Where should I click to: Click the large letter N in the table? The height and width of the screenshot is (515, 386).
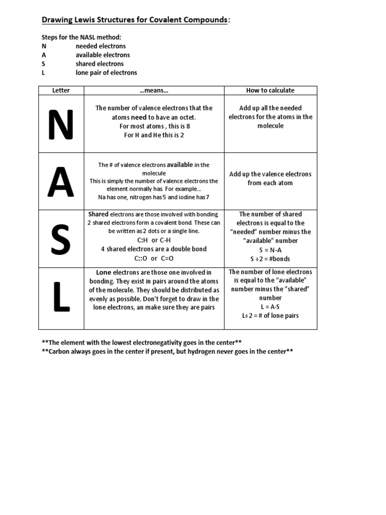click(61, 124)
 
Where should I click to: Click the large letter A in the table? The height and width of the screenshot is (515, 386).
click(61, 182)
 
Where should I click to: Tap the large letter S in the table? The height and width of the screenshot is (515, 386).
click(61, 239)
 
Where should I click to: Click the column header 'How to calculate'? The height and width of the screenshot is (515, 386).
click(270, 91)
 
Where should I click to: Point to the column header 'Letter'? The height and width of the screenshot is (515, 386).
click(61, 91)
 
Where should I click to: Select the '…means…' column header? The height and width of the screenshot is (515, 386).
click(154, 91)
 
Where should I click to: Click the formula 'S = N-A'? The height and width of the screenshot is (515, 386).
click(270, 250)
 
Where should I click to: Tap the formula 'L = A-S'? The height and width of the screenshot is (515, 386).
click(270, 307)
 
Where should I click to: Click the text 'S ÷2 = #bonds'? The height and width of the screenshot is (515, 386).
click(270, 259)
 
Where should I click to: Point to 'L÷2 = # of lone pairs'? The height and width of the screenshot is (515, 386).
click(270, 316)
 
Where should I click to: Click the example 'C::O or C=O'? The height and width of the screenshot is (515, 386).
click(154, 259)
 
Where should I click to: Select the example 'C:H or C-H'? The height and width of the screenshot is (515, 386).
click(154, 240)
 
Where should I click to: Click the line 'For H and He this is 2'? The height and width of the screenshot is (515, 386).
click(154, 135)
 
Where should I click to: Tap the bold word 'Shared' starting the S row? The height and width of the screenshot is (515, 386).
click(99, 214)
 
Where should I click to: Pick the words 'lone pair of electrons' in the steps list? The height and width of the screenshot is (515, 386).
click(106, 73)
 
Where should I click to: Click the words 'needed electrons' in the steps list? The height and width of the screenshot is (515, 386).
click(101, 46)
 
